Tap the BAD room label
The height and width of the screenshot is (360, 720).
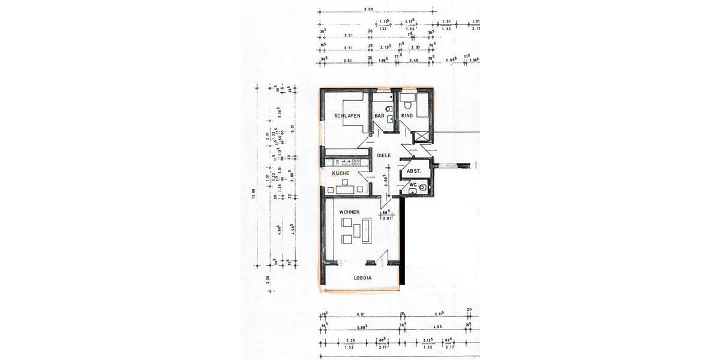point(380,115)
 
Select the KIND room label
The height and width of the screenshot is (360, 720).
point(408,115)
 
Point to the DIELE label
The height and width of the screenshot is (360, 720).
point(384,155)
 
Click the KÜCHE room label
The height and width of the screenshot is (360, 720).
point(341,173)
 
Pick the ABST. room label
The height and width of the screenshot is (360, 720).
point(414,172)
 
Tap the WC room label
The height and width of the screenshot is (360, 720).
point(413,184)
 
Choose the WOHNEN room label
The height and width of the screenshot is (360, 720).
point(350,212)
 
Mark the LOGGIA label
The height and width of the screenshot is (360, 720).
point(363,278)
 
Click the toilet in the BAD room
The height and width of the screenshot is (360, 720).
point(389,109)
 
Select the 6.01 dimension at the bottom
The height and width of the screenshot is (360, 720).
point(361,314)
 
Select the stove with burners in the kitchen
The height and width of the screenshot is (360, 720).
point(355,162)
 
